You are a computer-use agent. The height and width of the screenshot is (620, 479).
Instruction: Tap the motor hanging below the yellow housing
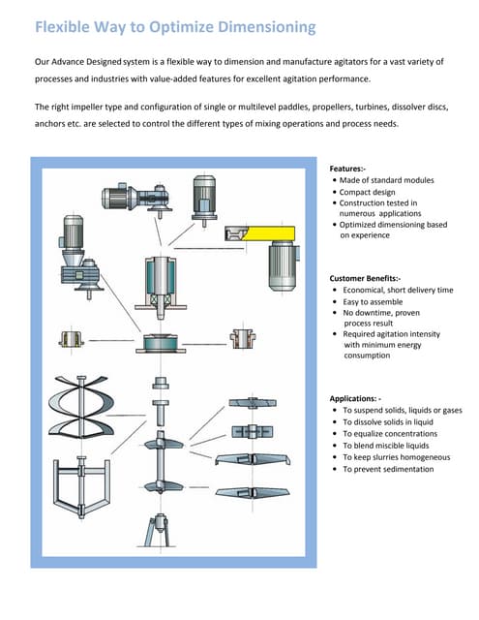point(285,263)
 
